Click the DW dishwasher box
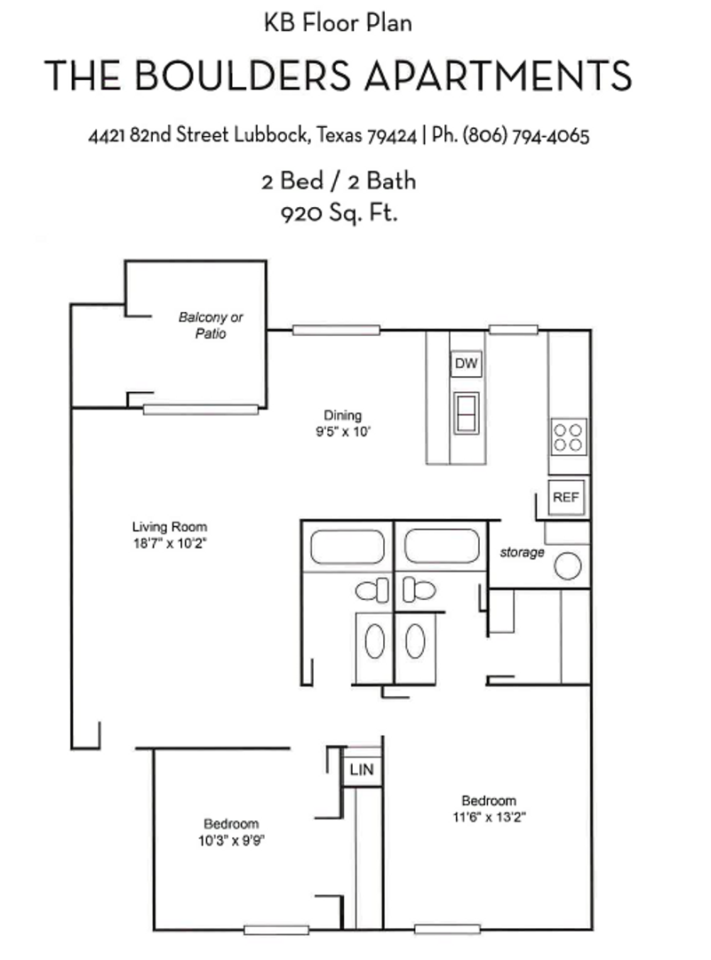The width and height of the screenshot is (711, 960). coord(466,364)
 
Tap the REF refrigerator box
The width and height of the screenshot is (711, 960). coord(566,497)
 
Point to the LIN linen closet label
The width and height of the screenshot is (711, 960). coord(361,770)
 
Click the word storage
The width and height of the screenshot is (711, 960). coord(522,553)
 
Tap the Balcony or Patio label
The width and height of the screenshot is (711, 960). coord(211,325)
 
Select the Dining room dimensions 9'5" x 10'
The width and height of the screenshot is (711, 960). coord(342,432)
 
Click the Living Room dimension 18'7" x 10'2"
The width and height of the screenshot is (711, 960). coord(169,541)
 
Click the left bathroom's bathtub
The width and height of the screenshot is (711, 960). coord(347,548)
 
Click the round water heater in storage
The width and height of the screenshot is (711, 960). coord(568,564)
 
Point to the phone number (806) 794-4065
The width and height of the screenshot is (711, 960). coord(526,137)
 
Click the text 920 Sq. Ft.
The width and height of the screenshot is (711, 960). coord(338,213)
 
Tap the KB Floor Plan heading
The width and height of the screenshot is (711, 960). coord(338,23)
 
